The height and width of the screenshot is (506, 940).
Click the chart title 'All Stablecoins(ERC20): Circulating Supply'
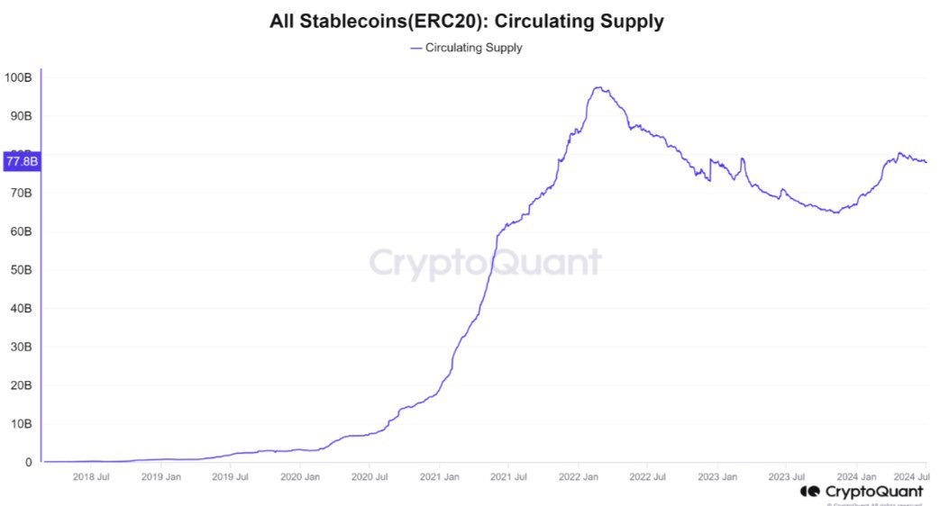[467, 22]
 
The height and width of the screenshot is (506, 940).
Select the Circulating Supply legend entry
[466, 48]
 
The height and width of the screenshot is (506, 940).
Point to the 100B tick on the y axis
[19, 77]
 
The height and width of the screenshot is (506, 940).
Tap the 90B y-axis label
[19, 116]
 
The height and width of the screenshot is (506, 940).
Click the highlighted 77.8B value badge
[22, 162]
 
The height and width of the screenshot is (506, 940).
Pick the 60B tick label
[19, 231]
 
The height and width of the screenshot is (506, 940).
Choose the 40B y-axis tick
[19, 308]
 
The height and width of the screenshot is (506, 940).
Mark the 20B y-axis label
[19, 385]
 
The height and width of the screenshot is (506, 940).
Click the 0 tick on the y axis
[29, 463]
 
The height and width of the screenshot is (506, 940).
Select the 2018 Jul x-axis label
[91, 476]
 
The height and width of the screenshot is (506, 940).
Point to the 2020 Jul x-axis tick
[369, 476]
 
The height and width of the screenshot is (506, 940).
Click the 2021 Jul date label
[507, 476]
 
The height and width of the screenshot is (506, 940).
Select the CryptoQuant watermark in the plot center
[485, 262]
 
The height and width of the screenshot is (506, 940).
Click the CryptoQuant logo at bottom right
[862, 492]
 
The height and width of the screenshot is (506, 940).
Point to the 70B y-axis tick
[19, 193]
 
